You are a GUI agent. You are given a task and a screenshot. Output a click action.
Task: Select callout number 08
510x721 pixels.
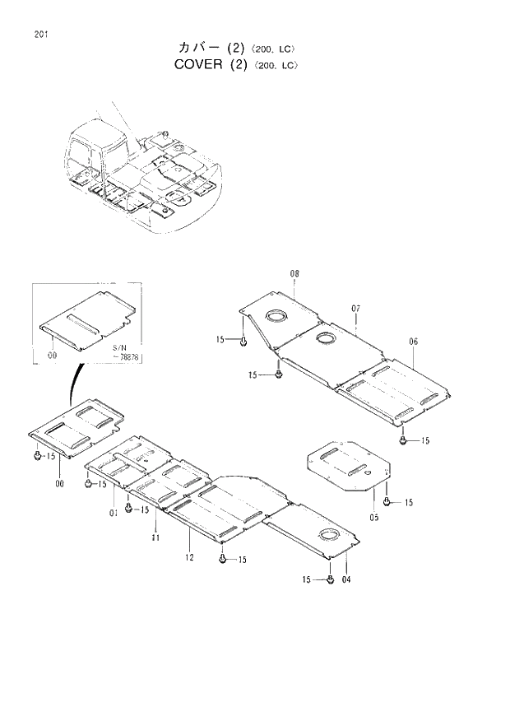pos(294,274)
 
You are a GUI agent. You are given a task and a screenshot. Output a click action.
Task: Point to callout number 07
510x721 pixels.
pos(356,309)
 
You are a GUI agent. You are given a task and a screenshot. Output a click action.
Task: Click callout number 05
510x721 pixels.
pos(373,518)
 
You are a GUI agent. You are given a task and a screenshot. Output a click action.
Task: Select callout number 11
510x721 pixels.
pos(155,537)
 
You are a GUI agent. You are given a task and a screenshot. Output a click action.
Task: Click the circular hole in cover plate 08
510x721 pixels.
pos(275,315)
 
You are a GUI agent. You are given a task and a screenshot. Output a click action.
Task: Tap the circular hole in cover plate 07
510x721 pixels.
pos(324,338)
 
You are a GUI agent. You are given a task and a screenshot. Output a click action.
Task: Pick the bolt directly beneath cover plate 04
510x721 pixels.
pos(330,579)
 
